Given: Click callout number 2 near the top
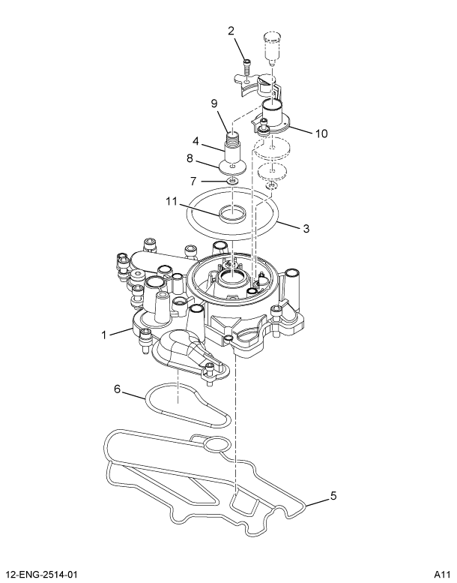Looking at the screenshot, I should click(231, 31).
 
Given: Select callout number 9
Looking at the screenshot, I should click(214, 104).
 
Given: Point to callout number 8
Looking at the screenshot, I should click(191, 159).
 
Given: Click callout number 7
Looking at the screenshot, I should click(193, 181).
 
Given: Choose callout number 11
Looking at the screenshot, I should click(170, 201).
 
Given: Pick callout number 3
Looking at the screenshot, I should click(306, 228).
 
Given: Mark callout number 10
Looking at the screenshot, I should click(321, 134).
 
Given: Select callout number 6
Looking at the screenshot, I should click(117, 389).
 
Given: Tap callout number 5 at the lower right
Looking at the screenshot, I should click(334, 496).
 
